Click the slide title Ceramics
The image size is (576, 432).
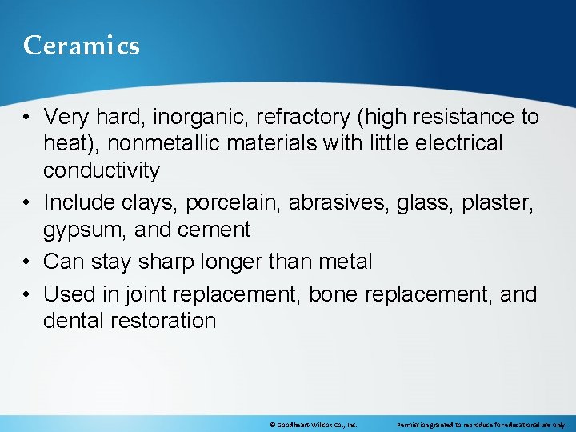point(82,46)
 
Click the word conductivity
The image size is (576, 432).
point(102,170)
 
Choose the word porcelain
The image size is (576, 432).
point(234,203)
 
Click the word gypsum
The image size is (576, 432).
point(78,230)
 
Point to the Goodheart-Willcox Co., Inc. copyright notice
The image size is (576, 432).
point(313,424)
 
